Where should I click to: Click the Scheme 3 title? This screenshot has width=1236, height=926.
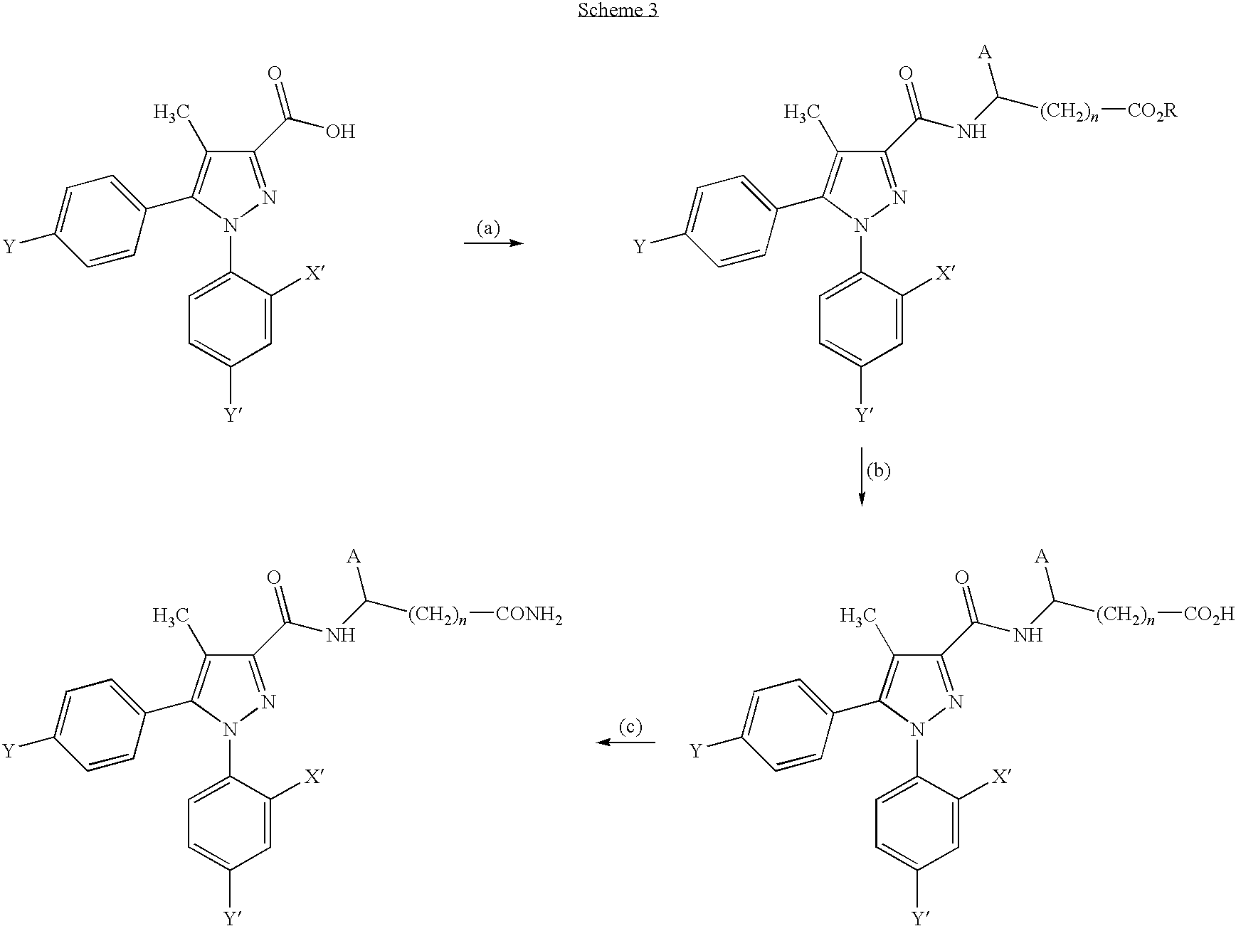[x=617, y=11]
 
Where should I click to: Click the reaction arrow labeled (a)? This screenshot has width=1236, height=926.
[x=493, y=243]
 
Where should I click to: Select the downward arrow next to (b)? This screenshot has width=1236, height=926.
[x=862, y=477]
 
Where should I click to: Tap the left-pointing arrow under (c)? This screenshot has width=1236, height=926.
[x=625, y=743]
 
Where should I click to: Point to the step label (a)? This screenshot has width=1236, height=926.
[x=489, y=228]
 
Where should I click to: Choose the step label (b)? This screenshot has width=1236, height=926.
[x=878, y=471]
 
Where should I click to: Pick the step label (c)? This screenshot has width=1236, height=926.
[x=630, y=727]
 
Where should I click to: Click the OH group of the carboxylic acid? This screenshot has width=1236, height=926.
[x=339, y=132]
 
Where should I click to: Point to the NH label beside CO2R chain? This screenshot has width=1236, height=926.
[x=971, y=132]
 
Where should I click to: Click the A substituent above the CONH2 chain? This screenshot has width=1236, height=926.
[x=352, y=557]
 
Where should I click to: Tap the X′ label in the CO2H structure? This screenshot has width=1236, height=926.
[x=1001, y=777]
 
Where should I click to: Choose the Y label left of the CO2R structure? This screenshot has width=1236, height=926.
[x=640, y=247]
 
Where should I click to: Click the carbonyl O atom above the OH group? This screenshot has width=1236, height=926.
[x=275, y=73]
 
